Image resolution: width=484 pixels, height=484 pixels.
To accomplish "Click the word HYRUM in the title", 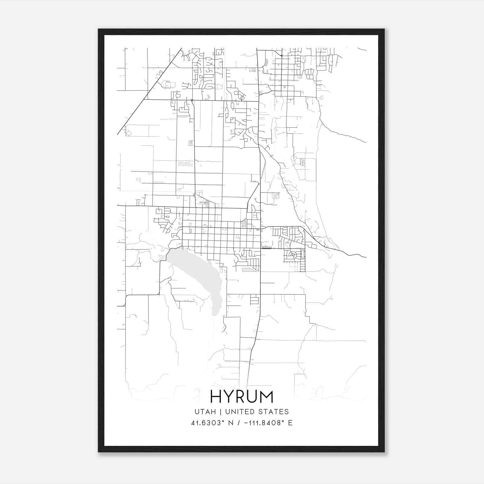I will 242,397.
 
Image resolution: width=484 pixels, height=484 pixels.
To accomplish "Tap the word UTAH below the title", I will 205,412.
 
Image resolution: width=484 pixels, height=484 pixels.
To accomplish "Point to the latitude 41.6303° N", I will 209,423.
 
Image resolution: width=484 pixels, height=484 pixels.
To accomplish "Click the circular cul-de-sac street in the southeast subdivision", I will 293,255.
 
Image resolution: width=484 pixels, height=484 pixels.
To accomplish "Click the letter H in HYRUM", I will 216,397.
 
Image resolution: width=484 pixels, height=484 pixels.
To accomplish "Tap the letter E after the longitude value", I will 290,423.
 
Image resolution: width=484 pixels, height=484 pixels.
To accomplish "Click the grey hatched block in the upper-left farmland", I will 185,164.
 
